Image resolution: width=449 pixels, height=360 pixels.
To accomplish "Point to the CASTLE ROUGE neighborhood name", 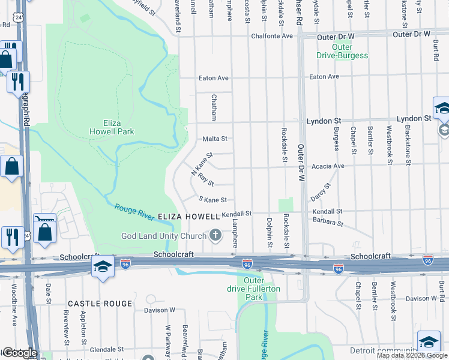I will [100, 304].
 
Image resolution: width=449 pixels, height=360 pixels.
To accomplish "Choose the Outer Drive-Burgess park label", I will [342, 52].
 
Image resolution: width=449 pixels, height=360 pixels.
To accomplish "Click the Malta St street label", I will [215, 139].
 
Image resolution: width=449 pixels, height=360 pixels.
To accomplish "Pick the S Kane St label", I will [212, 200].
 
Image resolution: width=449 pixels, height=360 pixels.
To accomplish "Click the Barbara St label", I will [327, 223].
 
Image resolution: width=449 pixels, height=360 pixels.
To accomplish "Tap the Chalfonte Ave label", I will [271, 36].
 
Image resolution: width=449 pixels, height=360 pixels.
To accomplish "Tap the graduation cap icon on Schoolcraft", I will [103, 267].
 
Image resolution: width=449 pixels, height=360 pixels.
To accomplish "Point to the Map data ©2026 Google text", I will [412, 355].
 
